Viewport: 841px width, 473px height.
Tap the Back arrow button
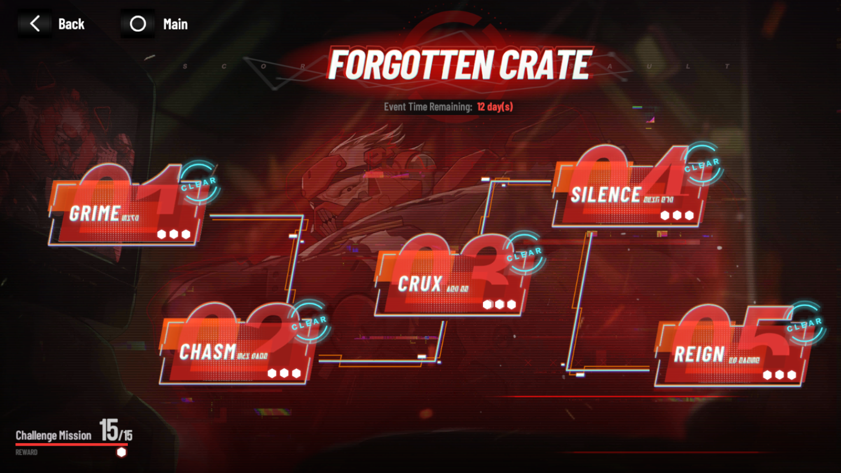coord(35,24)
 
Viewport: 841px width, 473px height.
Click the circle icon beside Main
coord(138,24)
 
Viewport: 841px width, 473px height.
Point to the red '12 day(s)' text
coord(495,107)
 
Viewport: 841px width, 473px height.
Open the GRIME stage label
coord(95,213)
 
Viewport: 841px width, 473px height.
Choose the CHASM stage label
coord(208,352)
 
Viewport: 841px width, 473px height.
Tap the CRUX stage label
coord(419,284)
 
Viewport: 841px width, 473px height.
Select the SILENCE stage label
coord(606,195)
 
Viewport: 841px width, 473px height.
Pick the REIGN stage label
coord(699,355)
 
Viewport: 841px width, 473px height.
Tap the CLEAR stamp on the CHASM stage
coord(310,322)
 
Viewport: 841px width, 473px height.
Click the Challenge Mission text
coord(54,435)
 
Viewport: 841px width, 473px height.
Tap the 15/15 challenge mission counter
coord(116,430)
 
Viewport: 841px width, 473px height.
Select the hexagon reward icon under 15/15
coord(121,452)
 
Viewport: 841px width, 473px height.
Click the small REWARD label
coord(26,453)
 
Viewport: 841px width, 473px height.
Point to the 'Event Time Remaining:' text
coord(428,107)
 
